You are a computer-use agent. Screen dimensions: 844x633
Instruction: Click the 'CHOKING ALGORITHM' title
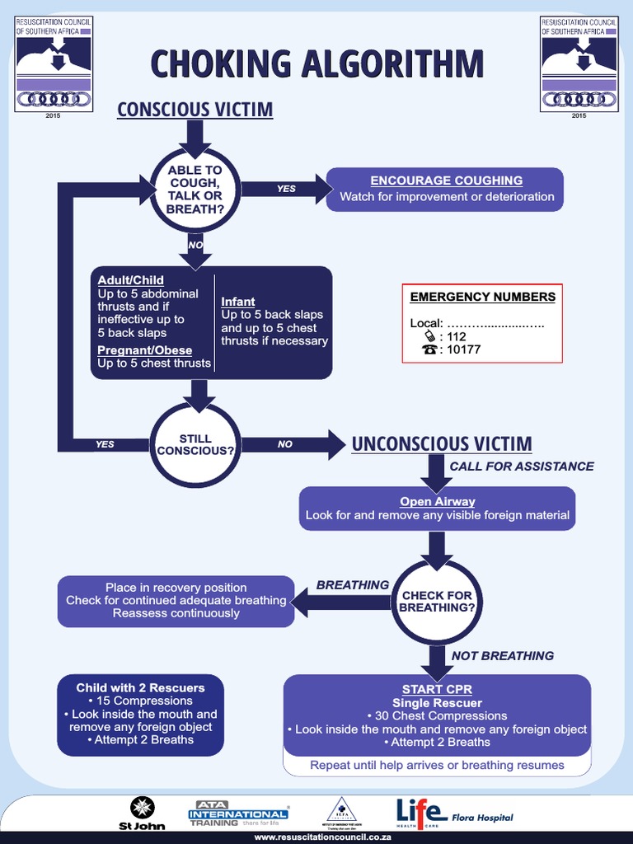[316, 64]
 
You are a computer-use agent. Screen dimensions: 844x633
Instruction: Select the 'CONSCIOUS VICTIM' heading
[195, 110]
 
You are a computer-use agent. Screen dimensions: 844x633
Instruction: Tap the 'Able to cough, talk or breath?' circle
[195, 190]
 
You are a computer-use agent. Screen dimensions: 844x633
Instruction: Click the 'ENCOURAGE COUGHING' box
[446, 189]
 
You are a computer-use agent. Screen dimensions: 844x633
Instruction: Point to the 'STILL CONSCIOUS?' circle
[195, 444]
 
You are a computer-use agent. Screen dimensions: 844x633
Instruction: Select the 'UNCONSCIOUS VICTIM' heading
[442, 444]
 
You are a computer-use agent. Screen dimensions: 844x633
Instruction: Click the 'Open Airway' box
[437, 508]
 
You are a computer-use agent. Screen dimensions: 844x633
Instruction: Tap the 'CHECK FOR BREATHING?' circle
[436, 601]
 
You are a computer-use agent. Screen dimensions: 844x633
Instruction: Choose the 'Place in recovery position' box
[176, 600]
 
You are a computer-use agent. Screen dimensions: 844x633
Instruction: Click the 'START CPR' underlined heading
[437, 689]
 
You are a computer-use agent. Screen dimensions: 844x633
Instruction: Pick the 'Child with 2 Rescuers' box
[140, 714]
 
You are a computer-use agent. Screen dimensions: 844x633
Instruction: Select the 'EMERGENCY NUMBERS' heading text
[482, 297]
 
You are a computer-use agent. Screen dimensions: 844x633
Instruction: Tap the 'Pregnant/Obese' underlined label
[144, 350]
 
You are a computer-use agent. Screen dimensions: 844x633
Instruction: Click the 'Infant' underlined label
[238, 302]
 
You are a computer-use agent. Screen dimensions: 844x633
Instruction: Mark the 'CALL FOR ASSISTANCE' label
[521, 467]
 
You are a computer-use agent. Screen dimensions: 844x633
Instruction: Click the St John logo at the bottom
[142, 813]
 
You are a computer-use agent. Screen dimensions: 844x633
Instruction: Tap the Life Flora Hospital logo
[454, 813]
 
